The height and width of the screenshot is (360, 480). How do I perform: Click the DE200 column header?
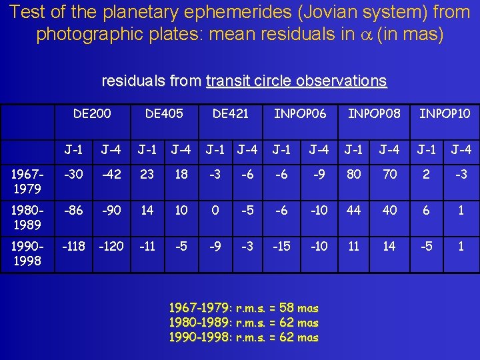[93, 113]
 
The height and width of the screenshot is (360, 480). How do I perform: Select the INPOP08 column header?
[374, 113]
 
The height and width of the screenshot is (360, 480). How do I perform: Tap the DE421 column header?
[230, 113]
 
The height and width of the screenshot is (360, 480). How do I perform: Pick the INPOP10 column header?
[445, 113]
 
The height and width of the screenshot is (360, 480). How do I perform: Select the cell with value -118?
[73, 246]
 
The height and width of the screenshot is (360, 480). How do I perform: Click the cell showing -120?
[111, 246]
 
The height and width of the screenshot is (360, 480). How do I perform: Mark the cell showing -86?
[73, 210]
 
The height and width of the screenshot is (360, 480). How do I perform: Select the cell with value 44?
[354, 210]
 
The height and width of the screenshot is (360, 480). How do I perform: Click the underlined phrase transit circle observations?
[296, 81]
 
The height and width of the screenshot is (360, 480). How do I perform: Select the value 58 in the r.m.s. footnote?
[287, 308]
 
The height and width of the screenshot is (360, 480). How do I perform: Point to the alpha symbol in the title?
[363, 35]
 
